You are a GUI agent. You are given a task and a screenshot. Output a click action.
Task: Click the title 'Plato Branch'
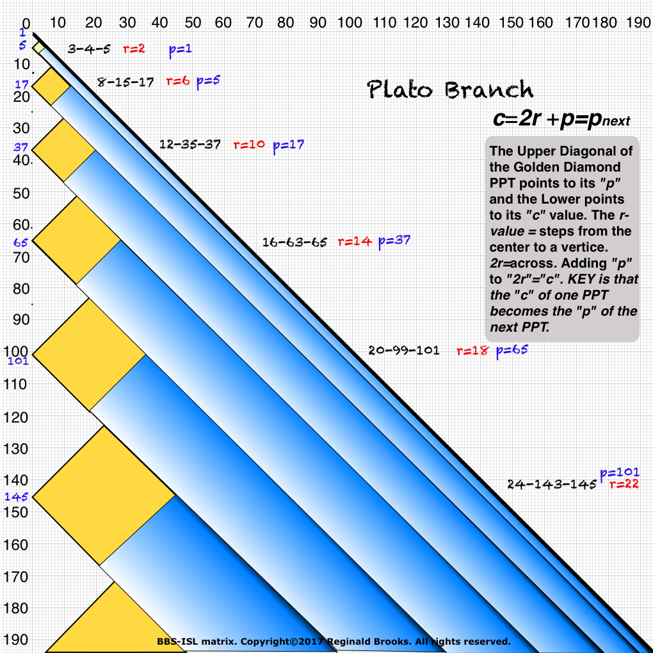(450, 90)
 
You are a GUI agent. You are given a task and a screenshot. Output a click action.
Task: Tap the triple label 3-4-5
(90, 49)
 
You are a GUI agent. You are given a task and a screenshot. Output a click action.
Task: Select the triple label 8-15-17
(125, 82)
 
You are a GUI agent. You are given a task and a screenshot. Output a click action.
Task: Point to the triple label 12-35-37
(190, 145)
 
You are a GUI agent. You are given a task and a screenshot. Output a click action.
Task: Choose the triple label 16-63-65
(294, 242)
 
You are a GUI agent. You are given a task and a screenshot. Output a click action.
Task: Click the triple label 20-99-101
(403, 351)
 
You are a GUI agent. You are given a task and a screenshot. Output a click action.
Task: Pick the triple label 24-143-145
(552, 485)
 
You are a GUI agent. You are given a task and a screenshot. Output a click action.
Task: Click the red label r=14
(354, 242)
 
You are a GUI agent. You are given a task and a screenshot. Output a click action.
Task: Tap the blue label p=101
(620, 473)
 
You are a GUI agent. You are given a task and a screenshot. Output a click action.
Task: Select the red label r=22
(624, 485)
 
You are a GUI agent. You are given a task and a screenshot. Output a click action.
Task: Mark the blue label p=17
(288, 145)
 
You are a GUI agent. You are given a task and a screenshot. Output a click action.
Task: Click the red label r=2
(134, 48)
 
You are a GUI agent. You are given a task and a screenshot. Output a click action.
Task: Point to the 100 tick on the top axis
(350, 23)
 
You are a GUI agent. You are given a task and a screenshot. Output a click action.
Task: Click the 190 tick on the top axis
(638, 23)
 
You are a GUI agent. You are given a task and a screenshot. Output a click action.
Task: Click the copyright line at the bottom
(334, 641)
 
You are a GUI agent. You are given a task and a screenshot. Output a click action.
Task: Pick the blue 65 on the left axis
(20, 243)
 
